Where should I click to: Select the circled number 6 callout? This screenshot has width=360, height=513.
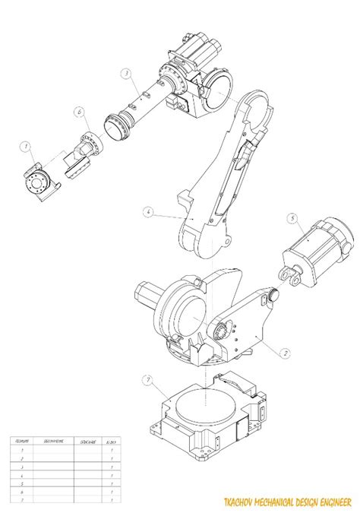(78, 112)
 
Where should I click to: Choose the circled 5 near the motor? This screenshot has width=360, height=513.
(292, 217)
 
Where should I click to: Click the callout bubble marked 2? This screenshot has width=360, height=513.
(284, 352)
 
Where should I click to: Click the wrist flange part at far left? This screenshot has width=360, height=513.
(36, 181)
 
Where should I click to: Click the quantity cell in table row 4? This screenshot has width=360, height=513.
(112, 473)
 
